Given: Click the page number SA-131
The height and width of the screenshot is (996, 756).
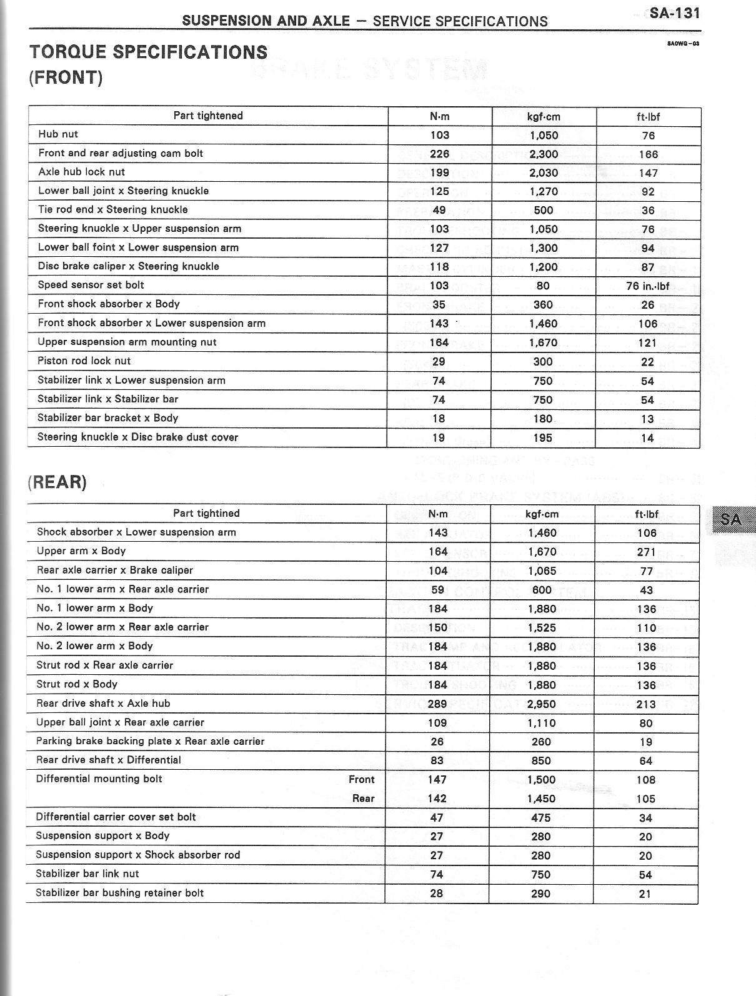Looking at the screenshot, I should [x=674, y=12].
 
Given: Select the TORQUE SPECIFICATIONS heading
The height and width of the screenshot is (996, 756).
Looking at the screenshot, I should [x=148, y=52].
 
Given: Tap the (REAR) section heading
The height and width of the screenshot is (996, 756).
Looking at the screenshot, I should [x=57, y=482].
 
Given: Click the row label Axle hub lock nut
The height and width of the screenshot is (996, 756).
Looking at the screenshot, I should [x=81, y=172].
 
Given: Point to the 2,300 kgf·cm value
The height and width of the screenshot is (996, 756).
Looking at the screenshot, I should [x=543, y=154].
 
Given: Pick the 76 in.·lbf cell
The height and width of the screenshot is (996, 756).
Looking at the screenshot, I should [x=647, y=286].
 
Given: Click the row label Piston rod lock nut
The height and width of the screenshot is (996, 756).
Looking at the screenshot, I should [x=84, y=361].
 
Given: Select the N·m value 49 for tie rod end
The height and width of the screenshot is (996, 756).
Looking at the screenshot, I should [x=439, y=210].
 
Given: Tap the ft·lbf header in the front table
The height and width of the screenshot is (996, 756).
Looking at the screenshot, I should [x=648, y=116].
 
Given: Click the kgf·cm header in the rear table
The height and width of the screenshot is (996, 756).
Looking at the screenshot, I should [x=542, y=514].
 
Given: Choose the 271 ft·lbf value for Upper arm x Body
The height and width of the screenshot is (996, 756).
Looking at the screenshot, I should [x=646, y=552].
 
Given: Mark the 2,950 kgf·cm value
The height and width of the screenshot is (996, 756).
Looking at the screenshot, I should [x=541, y=704].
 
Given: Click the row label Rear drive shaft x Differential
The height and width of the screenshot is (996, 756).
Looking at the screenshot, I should [x=108, y=760].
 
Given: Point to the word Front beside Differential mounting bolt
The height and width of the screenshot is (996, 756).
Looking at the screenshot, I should [x=361, y=779].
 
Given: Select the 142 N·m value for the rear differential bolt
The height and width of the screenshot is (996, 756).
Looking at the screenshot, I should [x=437, y=799].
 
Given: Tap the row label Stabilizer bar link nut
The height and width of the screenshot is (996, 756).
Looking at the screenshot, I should [x=87, y=874].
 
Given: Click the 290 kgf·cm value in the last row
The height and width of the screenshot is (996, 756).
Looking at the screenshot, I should [x=541, y=894].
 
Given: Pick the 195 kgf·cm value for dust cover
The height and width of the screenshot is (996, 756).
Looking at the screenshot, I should [x=542, y=438].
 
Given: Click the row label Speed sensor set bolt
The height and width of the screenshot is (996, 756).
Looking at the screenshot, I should [x=91, y=285].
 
